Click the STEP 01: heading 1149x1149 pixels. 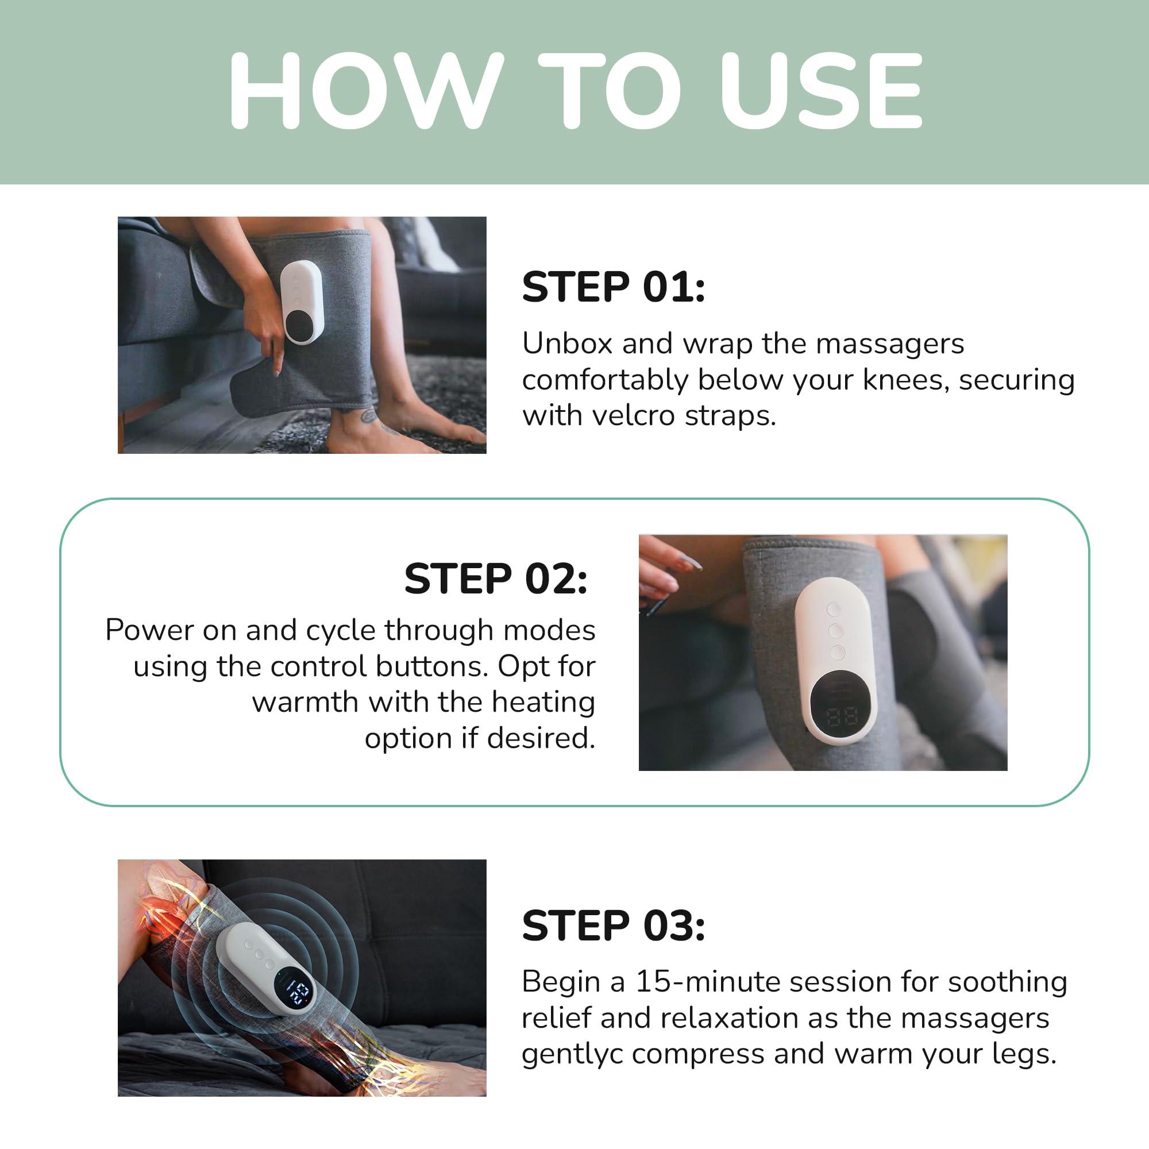tap(613, 287)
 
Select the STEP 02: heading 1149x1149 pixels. tap(495, 579)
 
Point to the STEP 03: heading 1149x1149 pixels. tap(613, 926)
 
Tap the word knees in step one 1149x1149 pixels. tap(901, 380)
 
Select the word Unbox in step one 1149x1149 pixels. tap(568, 344)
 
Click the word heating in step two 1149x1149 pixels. tap(543, 702)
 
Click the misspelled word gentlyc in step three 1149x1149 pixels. tap(571, 1054)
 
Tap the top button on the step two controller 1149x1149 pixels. tap(834, 610)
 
